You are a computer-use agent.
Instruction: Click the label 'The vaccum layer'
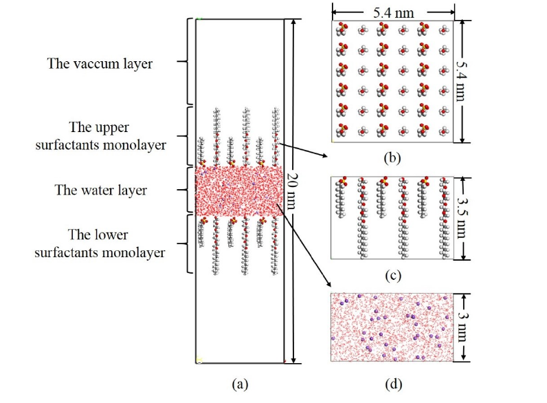point(100,64)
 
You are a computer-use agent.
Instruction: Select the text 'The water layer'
point(101,190)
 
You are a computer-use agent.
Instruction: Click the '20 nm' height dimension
point(294,190)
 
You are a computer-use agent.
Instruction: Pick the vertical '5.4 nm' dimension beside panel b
point(462,81)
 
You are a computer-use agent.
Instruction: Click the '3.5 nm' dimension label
point(462,217)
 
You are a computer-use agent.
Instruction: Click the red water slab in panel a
point(238,190)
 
